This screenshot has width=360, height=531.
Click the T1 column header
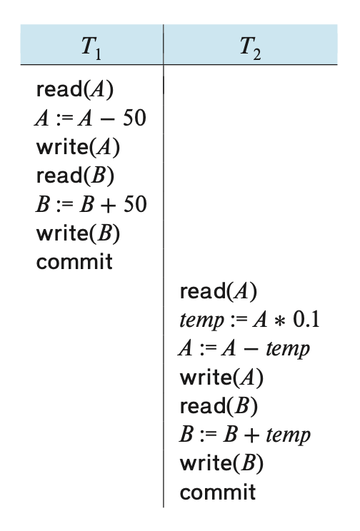[x=91, y=48]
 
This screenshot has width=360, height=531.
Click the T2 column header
[x=251, y=48]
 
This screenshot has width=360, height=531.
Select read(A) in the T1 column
[x=75, y=90]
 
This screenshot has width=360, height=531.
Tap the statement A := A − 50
[x=91, y=118]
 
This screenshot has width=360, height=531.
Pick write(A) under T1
[x=78, y=147]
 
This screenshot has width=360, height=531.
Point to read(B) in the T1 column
[x=75, y=176]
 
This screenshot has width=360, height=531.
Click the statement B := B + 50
[x=91, y=204]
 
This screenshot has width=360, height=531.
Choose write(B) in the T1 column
[x=78, y=233]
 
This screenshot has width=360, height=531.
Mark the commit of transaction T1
[x=74, y=262]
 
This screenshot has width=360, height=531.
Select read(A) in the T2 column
[x=219, y=291]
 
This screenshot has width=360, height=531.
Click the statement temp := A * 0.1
[x=249, y=320]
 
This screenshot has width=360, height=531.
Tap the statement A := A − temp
[x=244, y=348]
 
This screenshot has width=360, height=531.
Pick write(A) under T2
[x=221, y=378]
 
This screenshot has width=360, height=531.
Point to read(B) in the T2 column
[x=219, y=406]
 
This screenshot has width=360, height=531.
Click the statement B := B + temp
[x=245, y=435]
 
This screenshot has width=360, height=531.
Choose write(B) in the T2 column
[x=221, y=464]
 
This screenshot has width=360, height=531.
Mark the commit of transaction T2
[x=218, y=492]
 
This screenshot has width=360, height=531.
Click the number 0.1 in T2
[x=306, y=319]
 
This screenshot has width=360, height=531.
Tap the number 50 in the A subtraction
[x=134, y=118]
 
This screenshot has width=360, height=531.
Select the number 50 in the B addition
[x=135, y=204]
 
